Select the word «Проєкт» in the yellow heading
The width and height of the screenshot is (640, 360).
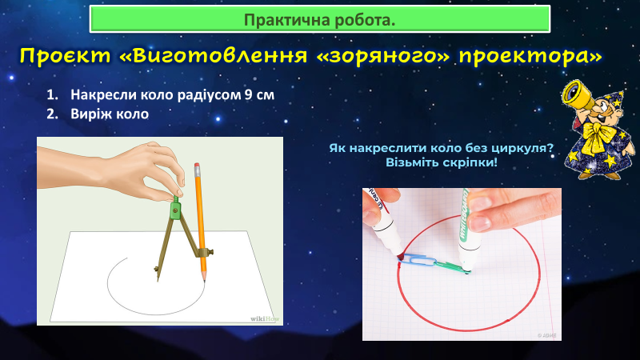(x=66, y=56)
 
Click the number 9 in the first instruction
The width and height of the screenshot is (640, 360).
(x=248, y=94)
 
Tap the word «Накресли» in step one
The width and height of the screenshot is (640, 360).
(x=104, y=94)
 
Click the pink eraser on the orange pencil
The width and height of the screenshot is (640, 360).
(x=197, y=166)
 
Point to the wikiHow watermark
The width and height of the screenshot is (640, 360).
(x=265, y=318)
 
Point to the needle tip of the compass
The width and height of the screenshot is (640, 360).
(x=158, y=279)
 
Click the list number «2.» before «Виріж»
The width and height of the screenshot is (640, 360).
(x=52, y=114)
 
